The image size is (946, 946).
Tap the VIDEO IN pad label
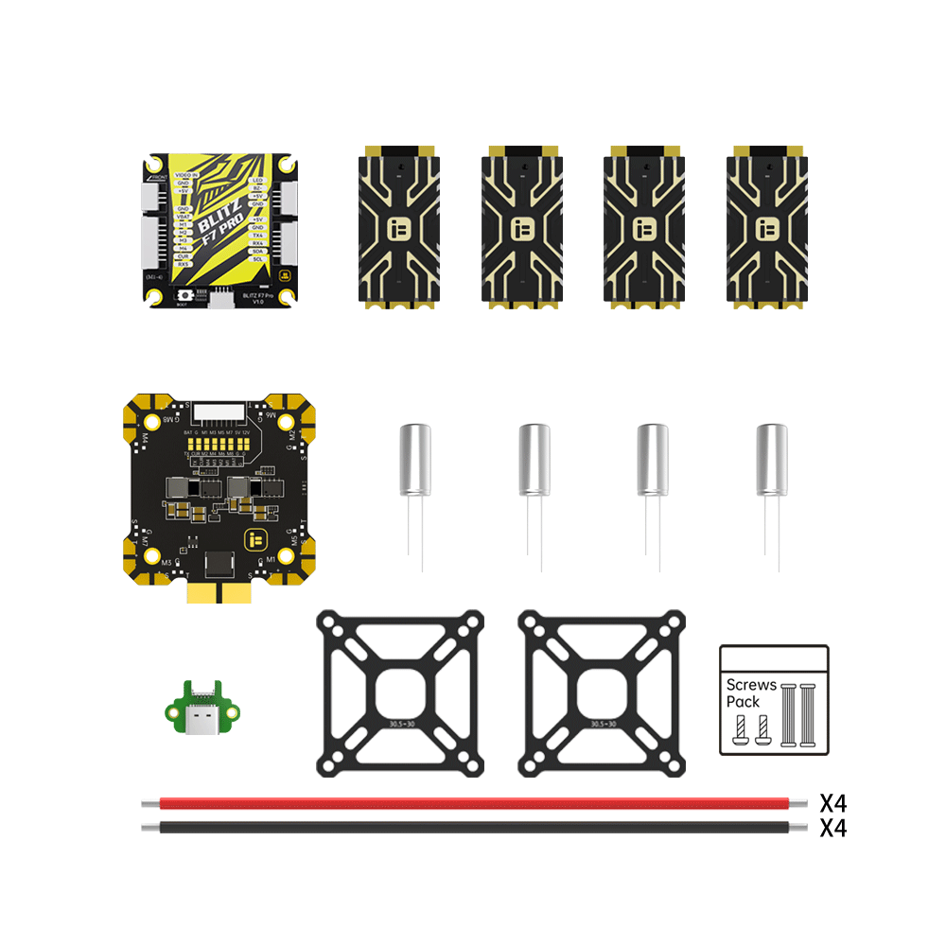pyautogui.click(x=186, y=176)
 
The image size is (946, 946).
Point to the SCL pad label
pyautogui.click(x=256, y=259)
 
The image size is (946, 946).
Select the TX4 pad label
pyautogui.click(x=256, y=236)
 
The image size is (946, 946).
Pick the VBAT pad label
pyautogui.click(x=184, y=216)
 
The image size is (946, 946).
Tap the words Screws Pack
pyautogui.click(x=751, y=692)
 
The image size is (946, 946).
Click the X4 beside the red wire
pyautogui.click(x=832, y=804)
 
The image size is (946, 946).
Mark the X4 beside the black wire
pyautogui.click(x=832, y=829)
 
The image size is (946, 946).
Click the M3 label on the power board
pyautogui.click(x=166, y=563)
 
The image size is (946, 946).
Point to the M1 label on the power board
pyautogui.click(x=271, y=560)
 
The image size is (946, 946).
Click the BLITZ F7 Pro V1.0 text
pyautogui.click(x=258, y=300)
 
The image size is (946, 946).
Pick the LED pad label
pyautogui.click(x=257, y=180)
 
